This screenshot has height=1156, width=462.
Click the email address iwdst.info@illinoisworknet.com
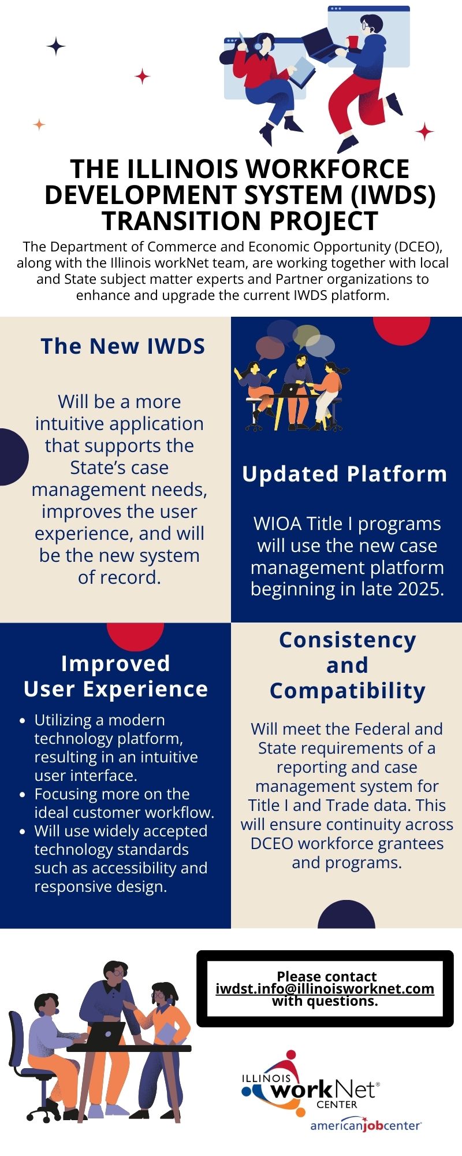pyautogui.click(x=325, y=988)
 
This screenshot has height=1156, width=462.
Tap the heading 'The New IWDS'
pyautogui.click(x=123, y=346)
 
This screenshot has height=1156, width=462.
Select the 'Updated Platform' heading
pyautogui.click(x=345, y=474)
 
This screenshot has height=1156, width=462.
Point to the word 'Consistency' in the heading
pyautogui.click(x=347, y=640)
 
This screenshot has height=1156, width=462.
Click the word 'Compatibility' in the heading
pyautogui.click(x=347, y=691)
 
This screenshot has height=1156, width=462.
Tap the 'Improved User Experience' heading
pyautogui.click(x=115, y=676)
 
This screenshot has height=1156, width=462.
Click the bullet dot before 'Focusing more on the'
pyautogui.click(x=23, y=795)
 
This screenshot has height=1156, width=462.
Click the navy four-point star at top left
pyautogui.click(x=56, y=46)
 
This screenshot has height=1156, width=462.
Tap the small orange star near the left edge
pyautogui.click(x=39, y=124)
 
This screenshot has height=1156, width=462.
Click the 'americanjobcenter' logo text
pyautogui.click(x=365, y=1125)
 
